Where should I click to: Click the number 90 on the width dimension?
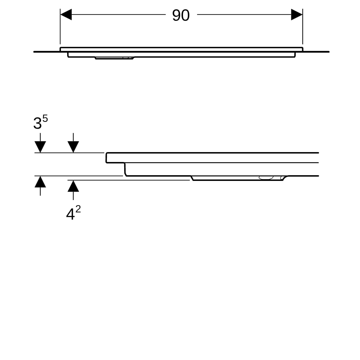181,15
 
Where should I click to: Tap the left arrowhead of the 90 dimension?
66,14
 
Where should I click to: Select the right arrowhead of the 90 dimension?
297,14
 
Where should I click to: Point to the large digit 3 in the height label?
37,123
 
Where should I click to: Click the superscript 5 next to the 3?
45,118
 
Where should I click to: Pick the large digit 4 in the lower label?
70,214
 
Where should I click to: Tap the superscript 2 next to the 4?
78,209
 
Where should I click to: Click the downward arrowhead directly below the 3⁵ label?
40,147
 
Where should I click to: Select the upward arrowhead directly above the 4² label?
73,186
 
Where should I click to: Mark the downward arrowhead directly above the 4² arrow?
73,147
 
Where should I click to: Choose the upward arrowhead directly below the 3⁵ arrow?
40,181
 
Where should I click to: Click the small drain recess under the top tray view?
114,58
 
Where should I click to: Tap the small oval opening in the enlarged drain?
266,178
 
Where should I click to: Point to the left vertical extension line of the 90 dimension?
60,26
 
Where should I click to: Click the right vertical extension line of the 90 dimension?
303,26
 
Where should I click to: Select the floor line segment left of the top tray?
47,52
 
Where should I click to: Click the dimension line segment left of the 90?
118,14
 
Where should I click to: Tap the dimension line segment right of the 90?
244,14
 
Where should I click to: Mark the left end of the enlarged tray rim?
106,158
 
